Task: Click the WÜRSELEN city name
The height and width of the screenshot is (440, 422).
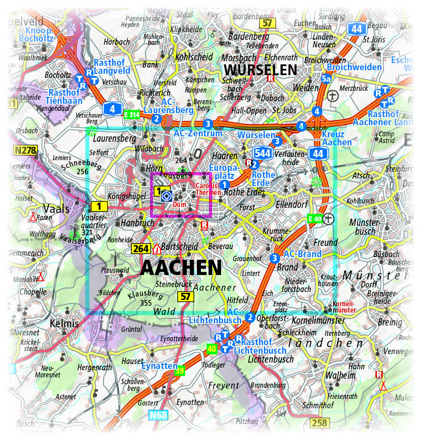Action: [x=261, y=70]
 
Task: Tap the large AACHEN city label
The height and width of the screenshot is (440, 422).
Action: [x=181, y=267]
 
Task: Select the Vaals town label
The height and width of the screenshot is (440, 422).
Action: [x=56, y=208]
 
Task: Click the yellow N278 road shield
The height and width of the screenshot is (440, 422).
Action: [x=25, y=151]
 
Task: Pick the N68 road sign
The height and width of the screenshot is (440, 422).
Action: [x=158, y=415]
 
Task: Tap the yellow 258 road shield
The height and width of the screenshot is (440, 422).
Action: [x=320, y=423]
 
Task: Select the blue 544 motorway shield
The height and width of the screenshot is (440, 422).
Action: [x=263, y=153]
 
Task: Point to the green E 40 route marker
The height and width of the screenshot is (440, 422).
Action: [x=315, y=219]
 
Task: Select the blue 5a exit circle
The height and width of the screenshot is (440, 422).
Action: [x=327, y=79]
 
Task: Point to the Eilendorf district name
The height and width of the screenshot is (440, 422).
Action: [x=292, y=204]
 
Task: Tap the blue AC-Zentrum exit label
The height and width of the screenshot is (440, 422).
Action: [x=198, y=133]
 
